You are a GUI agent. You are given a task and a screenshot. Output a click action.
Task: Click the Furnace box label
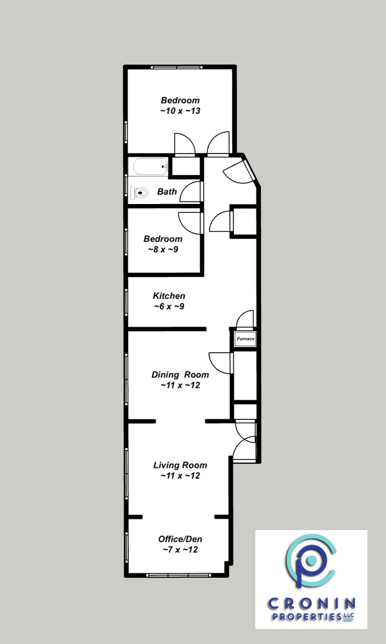click(x=245, y=339)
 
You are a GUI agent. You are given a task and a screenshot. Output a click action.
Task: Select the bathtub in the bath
click(x=150, y=167)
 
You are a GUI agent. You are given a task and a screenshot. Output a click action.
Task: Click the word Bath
click(x=167, y=192)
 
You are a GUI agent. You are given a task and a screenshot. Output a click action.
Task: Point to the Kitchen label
click(x=169, y=296)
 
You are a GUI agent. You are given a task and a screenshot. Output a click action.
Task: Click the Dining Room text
click(x=181, y=375)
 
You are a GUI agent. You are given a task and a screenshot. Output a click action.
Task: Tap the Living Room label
click(x=181, y=465)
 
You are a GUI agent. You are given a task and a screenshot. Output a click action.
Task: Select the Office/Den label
click(x=181, y=539)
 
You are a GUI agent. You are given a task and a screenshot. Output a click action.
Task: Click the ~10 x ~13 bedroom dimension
click(x=181, y=111)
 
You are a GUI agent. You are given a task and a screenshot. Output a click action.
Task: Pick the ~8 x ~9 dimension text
click(x=163, y=249)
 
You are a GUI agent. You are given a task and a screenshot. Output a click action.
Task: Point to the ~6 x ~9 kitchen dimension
click(x=169, y=307)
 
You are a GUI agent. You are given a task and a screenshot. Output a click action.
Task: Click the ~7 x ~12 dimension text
click(x=181, y=550)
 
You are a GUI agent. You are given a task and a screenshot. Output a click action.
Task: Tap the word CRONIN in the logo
click(x=311, y=604)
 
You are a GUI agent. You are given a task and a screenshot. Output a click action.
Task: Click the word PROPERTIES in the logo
click(x=306, y=617)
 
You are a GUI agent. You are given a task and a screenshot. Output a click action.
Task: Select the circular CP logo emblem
click(x=311, y=560)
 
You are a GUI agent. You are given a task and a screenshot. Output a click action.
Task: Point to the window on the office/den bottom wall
click(x=179, y=575)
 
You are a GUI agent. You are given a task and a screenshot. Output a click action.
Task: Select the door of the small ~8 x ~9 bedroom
click(x=190, y=223)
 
